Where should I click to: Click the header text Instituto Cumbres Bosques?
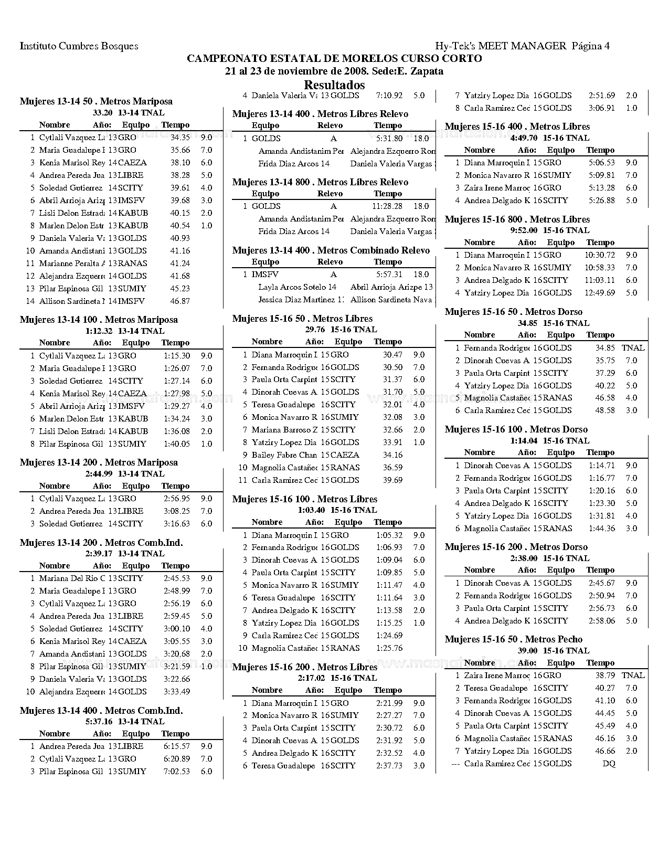tap(79, 46)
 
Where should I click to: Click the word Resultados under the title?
tap(334, 85)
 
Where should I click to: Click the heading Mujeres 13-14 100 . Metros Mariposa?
tap(99, 320)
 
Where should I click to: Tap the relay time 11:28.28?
tap(387, 207)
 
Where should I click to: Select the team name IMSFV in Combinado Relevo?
tap(265, 274)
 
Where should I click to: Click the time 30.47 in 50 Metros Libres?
tap(392, 355)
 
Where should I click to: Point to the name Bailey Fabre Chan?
tap(284, 455)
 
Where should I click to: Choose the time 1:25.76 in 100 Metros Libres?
tap(389, 648)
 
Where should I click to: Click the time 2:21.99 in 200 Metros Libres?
tap(389, 703)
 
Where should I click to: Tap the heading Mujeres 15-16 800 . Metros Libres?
tap(517, 219)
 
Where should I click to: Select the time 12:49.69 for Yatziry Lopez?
tap(599, 293)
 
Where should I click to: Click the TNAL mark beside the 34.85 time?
tap(633, 348)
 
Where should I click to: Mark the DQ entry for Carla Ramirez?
tap(609, 764)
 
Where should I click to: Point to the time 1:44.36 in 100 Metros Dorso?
tap(602, 529)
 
